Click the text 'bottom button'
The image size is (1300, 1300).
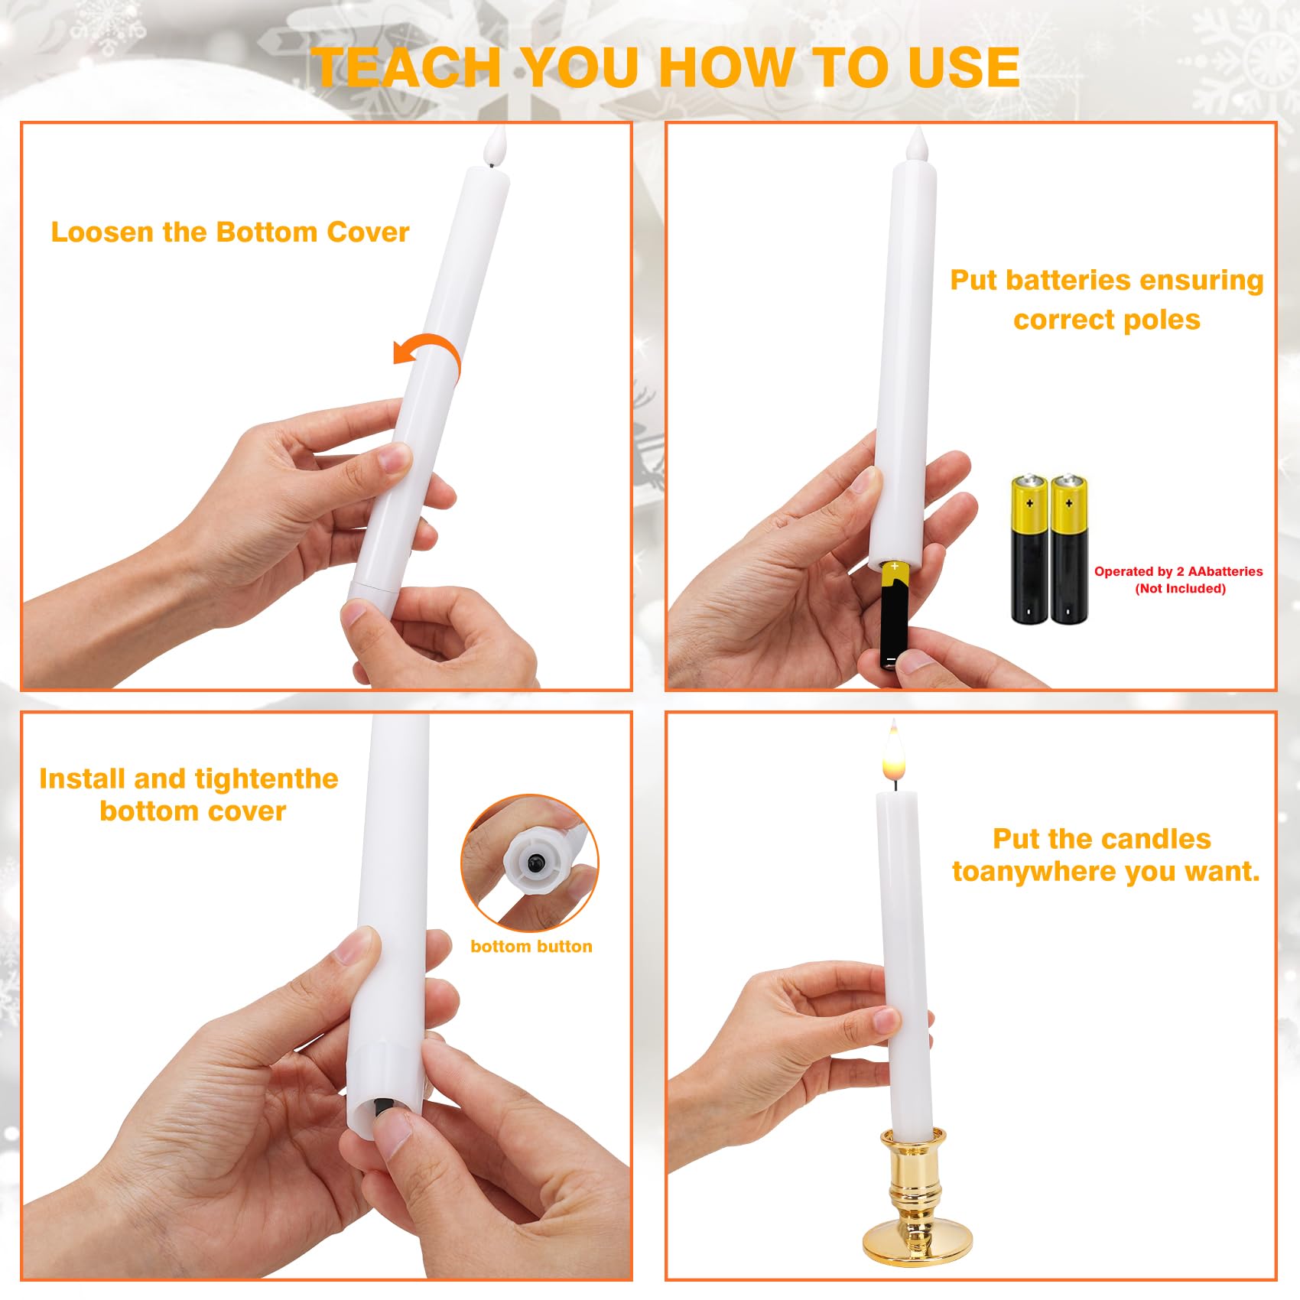pos(531,946)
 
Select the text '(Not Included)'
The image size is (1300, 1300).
pos(1180,588)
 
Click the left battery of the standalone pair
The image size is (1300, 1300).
pos(1029,549)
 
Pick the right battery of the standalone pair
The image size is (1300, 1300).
pos(1068,549)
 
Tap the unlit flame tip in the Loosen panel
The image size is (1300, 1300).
pos(496,145)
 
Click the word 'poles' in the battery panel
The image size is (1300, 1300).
pos(1162,320)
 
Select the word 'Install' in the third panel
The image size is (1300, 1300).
pos(83,778)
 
